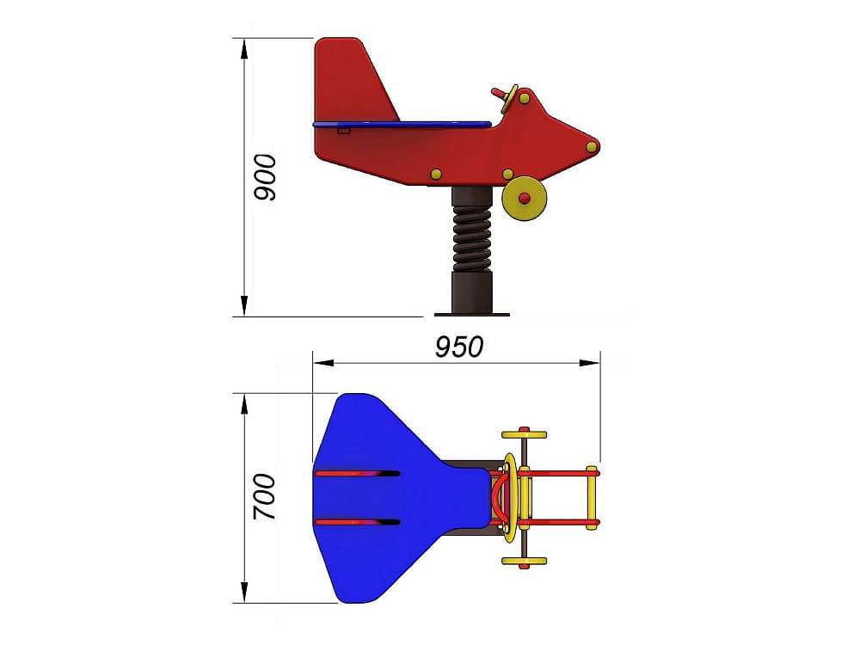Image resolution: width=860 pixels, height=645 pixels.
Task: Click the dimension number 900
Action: tap(266, 177)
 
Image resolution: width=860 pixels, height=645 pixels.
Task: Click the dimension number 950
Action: tap(459, 347)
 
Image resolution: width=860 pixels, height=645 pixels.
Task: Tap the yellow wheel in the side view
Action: tap(525, 198)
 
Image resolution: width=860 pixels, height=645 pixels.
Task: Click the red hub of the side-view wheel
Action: tap(525, 198)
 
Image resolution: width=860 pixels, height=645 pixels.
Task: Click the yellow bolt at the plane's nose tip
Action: tap(592, 146)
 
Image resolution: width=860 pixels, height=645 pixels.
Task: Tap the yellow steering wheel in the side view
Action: tap(509, 99)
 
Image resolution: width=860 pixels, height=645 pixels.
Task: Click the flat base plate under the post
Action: tap(471, 315)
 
